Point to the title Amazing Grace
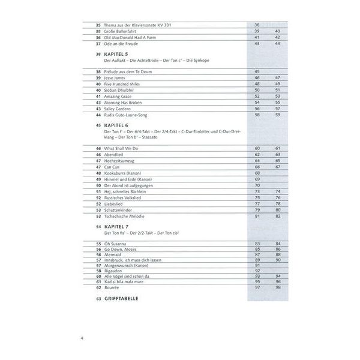tap(122, 96)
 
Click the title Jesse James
tap(118, 78)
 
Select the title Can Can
tap(113, 167)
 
